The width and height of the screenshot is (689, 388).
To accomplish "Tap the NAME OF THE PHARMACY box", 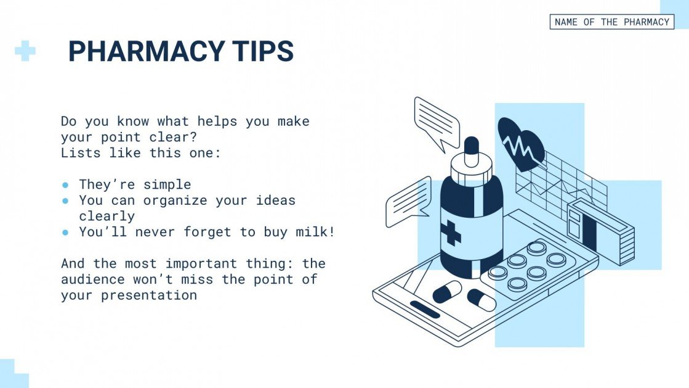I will coord(611,22).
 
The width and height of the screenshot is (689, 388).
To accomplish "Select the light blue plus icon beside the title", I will coord(25,51).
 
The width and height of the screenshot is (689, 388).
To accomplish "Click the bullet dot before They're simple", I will coord(65,184).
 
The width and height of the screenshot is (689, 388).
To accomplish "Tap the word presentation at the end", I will coord(149,295).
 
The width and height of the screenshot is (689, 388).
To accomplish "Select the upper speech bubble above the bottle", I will coord(437,122).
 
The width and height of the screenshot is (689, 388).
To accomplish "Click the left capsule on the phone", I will coord(447,291).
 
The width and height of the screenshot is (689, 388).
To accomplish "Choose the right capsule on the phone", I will coord(481,299).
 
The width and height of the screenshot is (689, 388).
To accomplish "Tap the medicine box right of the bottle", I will coord(600,230).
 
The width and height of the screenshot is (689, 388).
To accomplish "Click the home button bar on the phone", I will coord(425,309).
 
